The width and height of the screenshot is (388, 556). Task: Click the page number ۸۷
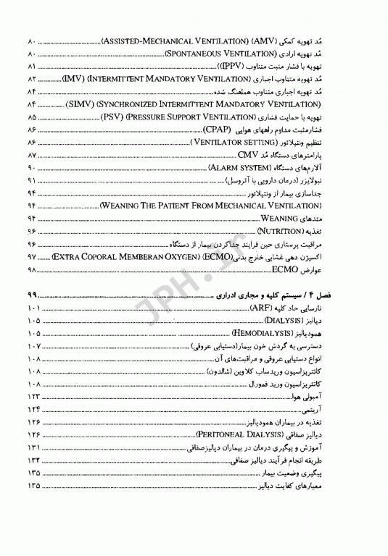click(33, 156)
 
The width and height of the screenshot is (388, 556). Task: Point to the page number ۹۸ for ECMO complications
click(33, 268)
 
